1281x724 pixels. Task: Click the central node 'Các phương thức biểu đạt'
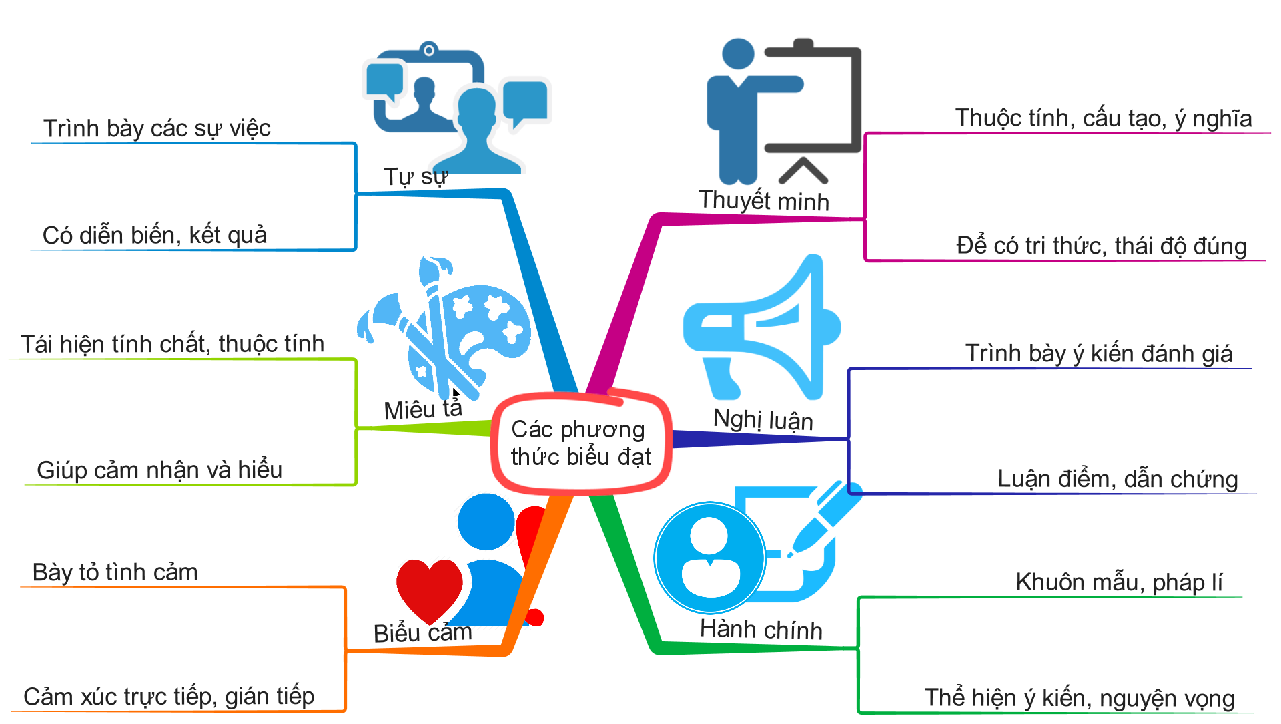coord(580,443)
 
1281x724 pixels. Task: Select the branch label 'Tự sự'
coord(415,177)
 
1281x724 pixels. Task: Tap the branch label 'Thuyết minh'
coord(763,201)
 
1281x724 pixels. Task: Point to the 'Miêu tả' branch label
coord(422,409)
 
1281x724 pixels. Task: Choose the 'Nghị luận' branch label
coord(763,420)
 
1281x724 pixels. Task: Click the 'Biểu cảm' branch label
coord(422,632)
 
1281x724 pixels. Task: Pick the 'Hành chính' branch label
coord(761,630)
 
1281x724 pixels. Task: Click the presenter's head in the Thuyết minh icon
coord(738,53)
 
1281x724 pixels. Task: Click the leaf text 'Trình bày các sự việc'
coord(157,128)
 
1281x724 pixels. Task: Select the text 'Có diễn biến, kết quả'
coord(154,236)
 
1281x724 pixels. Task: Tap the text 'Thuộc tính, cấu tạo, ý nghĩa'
coord(1103,118)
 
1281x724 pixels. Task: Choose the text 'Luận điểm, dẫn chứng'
coord(1117,479)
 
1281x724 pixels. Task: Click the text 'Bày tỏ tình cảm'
coord(115,572)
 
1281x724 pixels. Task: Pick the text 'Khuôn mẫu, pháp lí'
coord(1118,582)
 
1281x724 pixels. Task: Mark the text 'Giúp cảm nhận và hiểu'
coord(159,470)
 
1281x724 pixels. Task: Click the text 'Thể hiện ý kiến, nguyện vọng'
coord(1079,698)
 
